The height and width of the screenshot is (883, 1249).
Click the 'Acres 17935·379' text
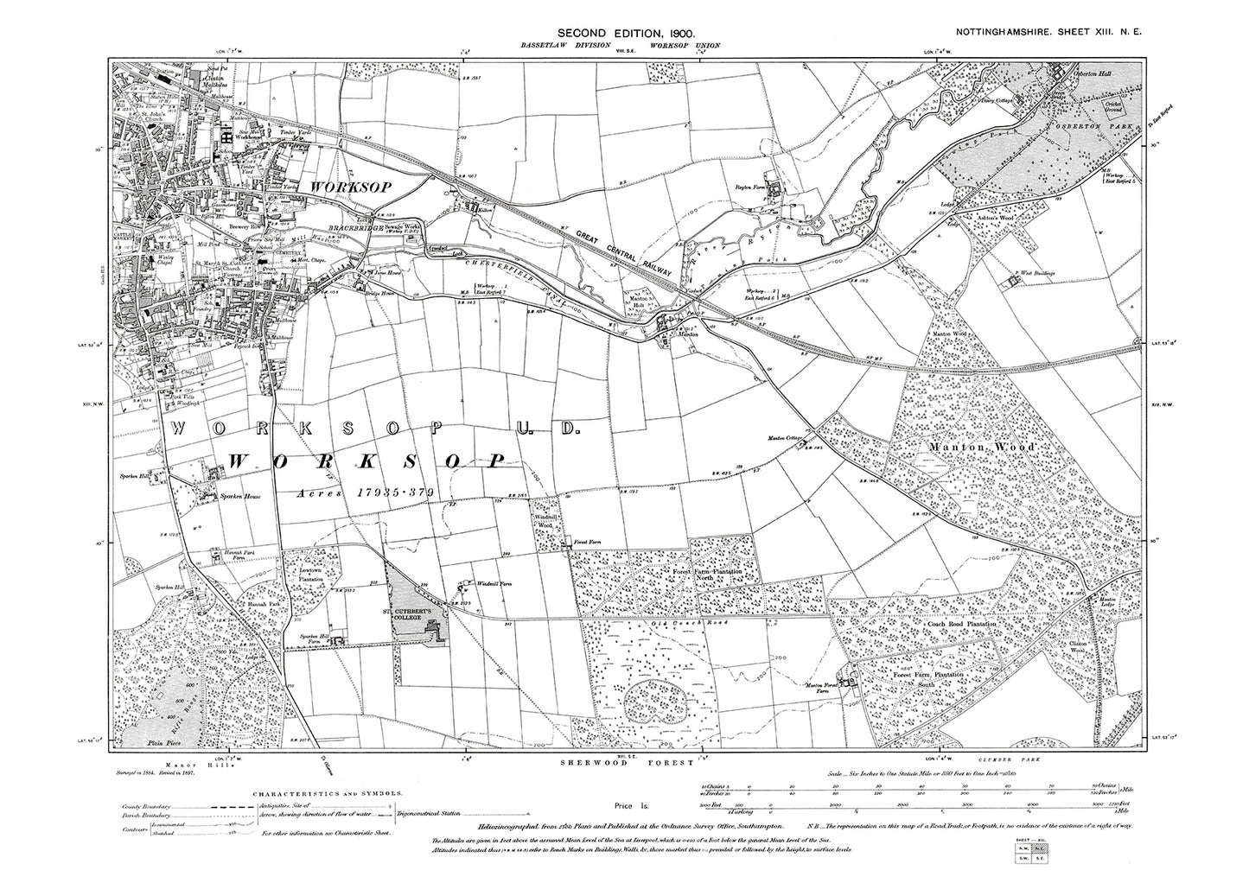pos(362,492)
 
